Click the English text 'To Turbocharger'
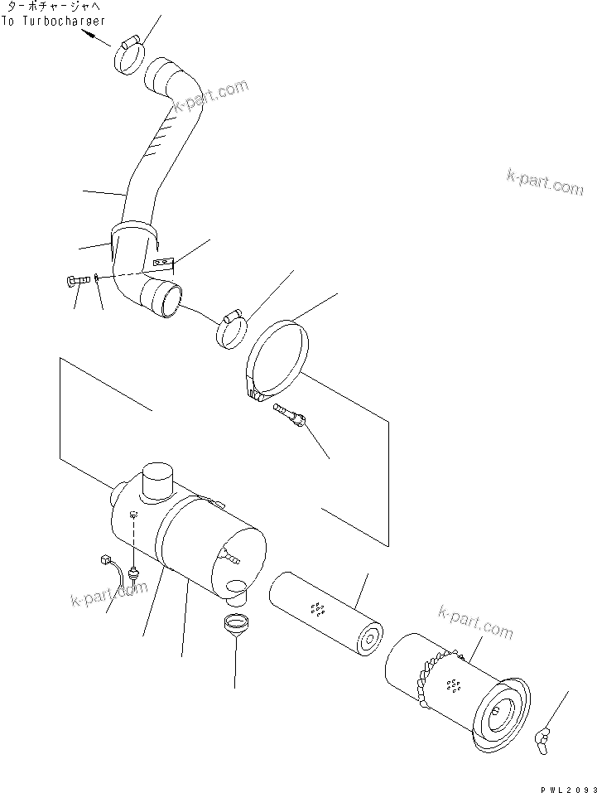tap(54, 21)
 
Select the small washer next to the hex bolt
tap(97, 278)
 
